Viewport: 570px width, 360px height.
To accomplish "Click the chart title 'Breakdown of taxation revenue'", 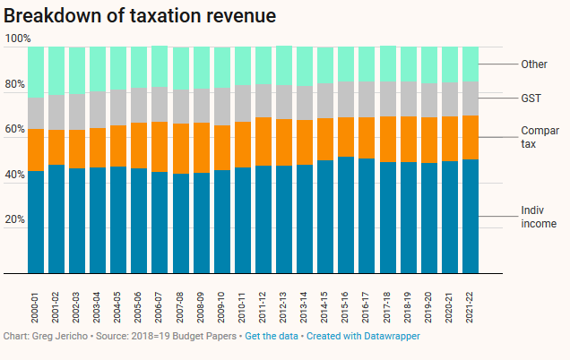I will click(x=140, y=15).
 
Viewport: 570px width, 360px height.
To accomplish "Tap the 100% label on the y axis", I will click(x=17, y=39).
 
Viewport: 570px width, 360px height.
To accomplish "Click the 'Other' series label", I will click(x=534, y=64).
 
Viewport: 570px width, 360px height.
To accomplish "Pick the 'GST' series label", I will click(x=531, y=98).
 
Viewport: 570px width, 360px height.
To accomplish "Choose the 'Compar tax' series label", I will click(x=540, y=137).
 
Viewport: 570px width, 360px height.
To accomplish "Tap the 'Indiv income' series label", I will click(x=539, y=217).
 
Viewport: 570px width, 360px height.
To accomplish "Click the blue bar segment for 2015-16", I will click(x=346, y=215).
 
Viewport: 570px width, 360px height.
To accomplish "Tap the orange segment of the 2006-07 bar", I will click(x=160, y=147).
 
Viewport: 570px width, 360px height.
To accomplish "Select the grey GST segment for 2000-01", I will click(x=36, y=113).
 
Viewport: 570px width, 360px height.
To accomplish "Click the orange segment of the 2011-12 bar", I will click(x=263, y=141).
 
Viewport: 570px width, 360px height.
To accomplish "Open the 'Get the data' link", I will click(x=273, y=336).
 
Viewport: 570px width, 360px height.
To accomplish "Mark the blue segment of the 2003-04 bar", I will click(x=98, y=220).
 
